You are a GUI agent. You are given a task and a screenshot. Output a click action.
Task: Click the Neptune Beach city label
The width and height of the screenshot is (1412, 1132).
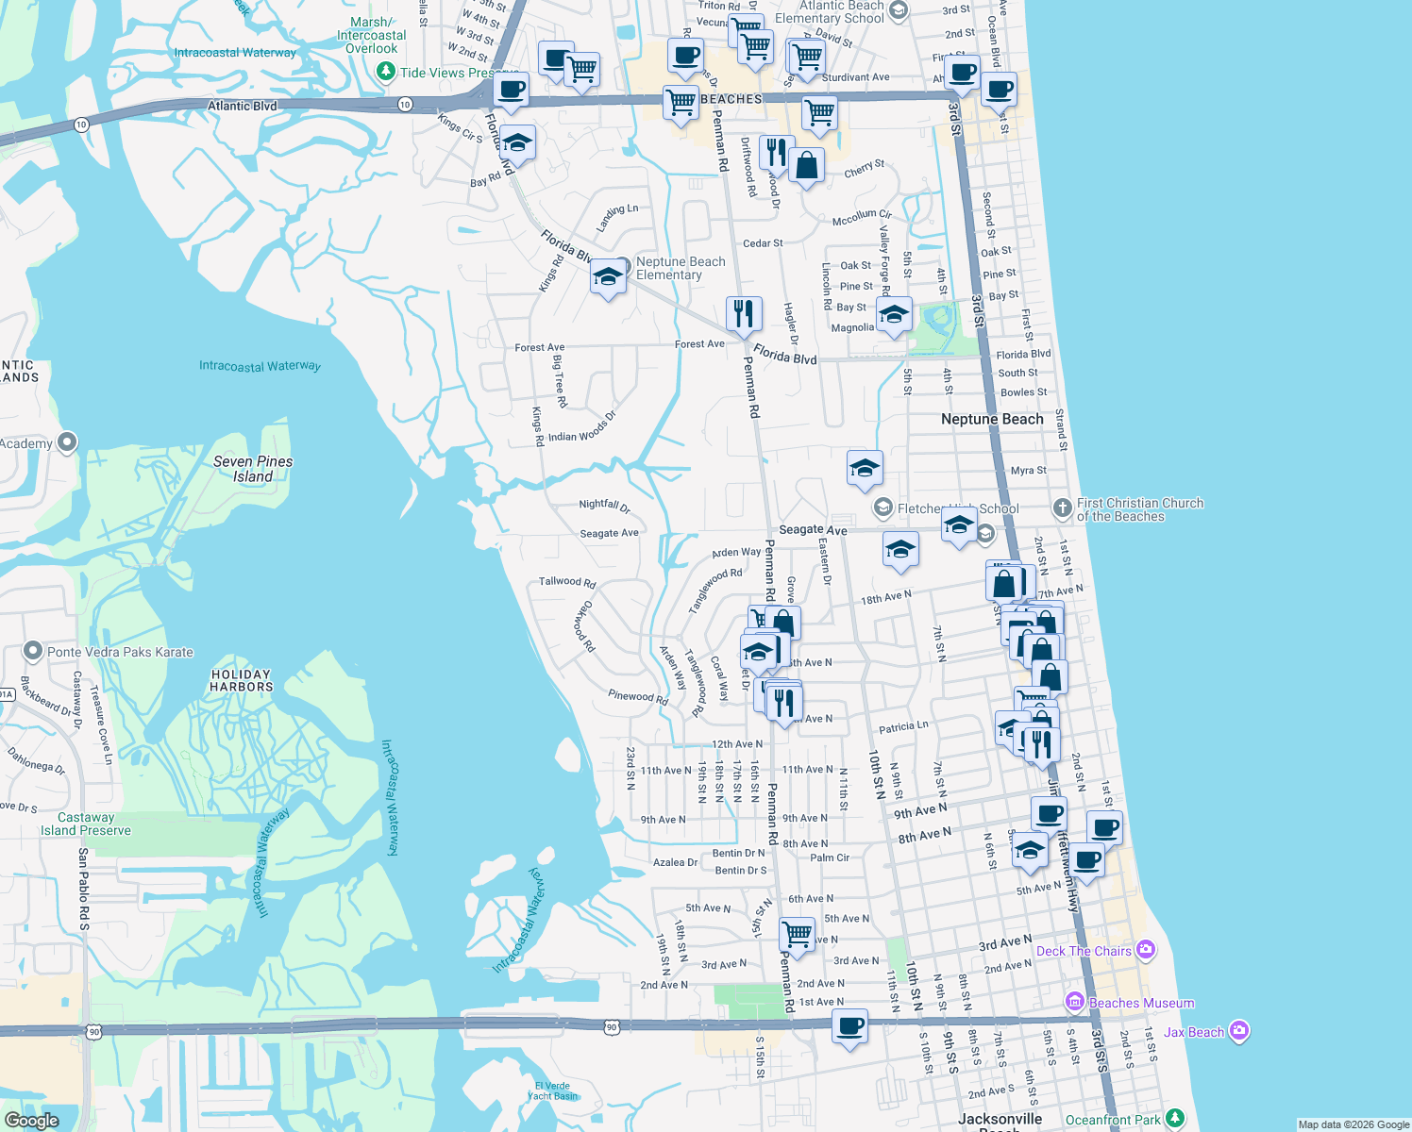pos(992,419)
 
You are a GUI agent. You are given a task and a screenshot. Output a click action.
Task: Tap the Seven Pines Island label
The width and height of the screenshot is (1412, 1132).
pos(253,469)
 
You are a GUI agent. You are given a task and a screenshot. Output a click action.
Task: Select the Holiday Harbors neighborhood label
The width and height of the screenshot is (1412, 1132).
pos(241,680)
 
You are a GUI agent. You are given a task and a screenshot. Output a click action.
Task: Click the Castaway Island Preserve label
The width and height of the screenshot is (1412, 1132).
pos(85,824)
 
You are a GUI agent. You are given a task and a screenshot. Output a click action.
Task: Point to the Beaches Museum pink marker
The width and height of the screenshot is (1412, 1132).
pos(1074,1002)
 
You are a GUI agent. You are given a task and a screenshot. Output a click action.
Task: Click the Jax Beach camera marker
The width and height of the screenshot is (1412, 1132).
pos(1240,1032)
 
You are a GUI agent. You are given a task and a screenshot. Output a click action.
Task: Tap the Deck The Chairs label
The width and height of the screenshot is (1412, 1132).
pos(1084,951)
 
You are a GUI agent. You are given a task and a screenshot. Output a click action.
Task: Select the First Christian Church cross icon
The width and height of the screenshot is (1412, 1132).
pos(1062,508)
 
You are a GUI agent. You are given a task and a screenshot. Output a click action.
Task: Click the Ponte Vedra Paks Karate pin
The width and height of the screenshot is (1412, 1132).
pos(33,651)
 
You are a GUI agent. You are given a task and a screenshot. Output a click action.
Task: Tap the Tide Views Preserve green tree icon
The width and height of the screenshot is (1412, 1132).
pos(385,72)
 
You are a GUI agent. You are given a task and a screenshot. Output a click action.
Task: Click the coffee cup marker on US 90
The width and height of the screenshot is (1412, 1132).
pos(849,1026)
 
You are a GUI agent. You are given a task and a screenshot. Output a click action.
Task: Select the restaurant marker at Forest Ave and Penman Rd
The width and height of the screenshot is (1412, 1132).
pos(744,314)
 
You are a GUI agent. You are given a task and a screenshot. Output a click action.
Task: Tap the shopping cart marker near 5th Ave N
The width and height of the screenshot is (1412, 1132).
pos(798,935)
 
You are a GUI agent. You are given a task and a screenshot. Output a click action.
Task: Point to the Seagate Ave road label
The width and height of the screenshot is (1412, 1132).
pos(813,530)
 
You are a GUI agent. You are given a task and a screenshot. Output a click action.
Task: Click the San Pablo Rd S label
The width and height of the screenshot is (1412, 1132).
pos(83,889)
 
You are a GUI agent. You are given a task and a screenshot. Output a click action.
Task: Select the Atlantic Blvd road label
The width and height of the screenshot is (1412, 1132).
pos(242,106)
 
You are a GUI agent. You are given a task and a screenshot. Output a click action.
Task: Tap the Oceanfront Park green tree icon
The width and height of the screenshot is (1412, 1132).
pos(1174,1119)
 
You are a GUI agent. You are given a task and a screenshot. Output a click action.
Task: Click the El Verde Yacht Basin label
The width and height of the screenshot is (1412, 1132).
pos(552,1090)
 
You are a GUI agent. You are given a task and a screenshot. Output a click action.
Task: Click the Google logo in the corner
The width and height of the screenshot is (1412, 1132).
pos(31,1121)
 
